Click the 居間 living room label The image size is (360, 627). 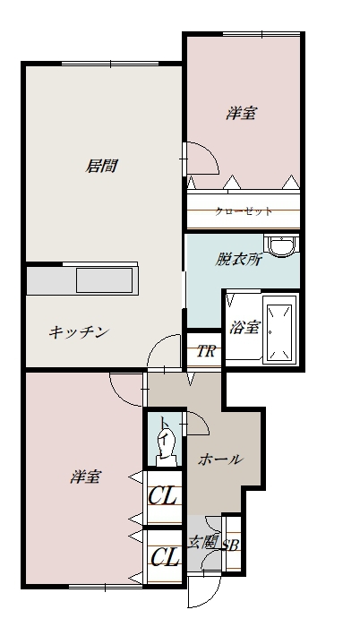101,166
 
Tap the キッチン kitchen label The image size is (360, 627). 79,332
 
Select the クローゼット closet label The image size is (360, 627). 243,212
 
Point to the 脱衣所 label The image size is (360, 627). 237,261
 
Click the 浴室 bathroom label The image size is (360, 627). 244,327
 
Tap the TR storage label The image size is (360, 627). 205,350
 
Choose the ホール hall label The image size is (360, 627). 219,460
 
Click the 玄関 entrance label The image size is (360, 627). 202,542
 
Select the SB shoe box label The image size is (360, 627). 230,544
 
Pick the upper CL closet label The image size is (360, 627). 163,495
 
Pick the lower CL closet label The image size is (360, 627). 163,558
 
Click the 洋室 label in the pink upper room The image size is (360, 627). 241,114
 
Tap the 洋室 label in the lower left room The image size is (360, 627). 84,477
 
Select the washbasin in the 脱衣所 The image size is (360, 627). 282,245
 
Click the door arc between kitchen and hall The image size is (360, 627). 162,352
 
